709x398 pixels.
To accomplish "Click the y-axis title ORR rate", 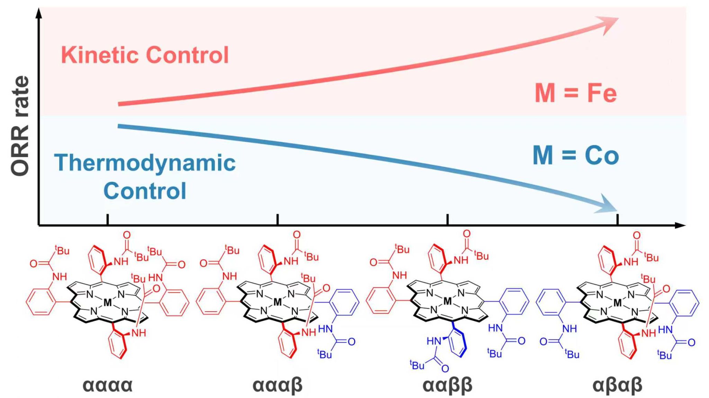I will [20, 126].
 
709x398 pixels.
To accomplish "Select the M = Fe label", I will [576, 93].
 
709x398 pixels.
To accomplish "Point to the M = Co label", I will [576, 156].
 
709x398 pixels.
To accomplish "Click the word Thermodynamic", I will [145, 163].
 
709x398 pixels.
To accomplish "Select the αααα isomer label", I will [108, 385].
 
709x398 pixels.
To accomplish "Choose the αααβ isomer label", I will [278, 385].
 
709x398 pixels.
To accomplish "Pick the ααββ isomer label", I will [448, 385].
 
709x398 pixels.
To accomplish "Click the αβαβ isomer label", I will [618, 385].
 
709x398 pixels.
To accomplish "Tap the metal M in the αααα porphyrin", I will [108, 303].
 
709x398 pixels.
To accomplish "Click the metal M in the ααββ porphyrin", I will [448, 301].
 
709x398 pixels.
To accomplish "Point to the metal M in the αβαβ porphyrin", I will [618, 303].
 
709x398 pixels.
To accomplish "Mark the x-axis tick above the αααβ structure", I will [278, 219].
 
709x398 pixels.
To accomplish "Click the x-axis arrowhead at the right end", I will [681, 226].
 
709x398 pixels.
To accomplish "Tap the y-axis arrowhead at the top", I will [39, 13].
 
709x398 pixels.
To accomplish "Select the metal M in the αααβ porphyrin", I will [278, 303].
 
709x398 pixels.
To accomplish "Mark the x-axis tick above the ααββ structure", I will [448, 219].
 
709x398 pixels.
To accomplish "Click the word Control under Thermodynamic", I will [145, 191].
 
